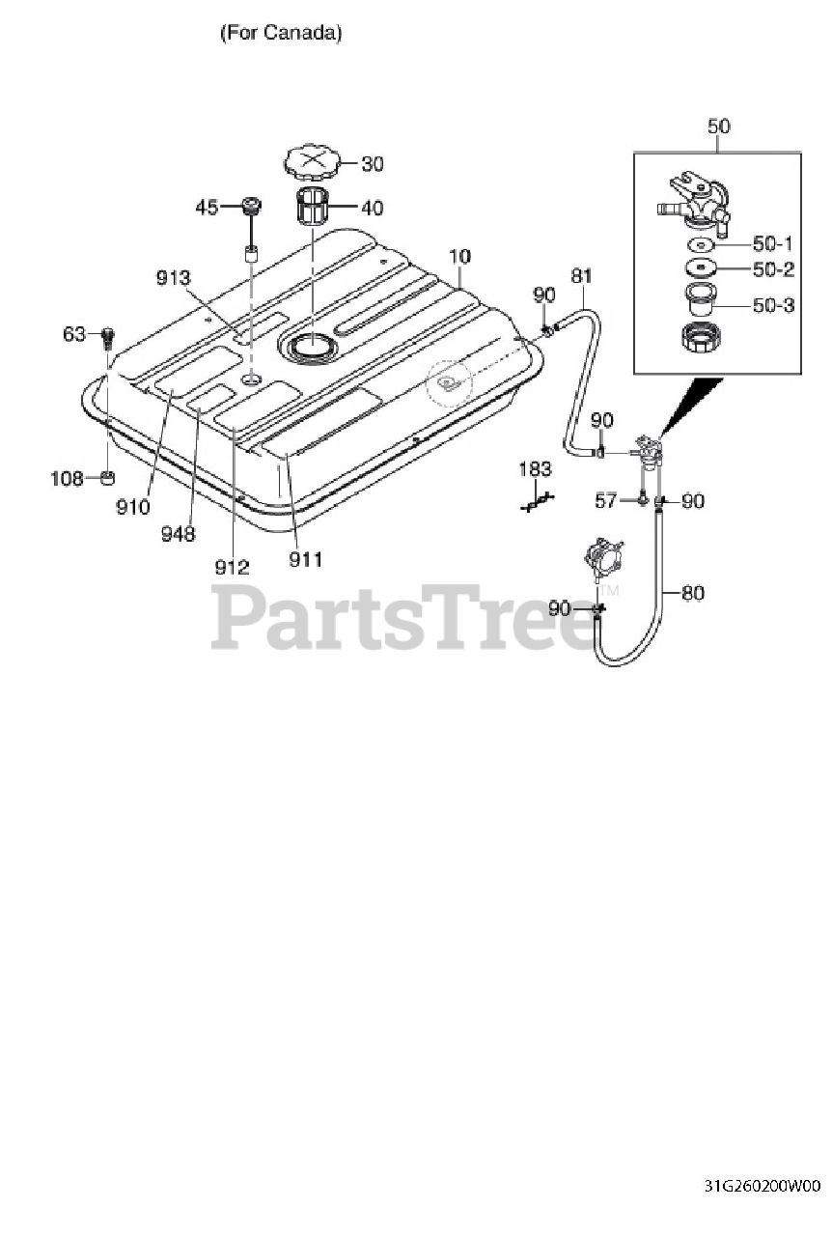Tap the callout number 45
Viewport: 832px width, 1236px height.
pos(207,208)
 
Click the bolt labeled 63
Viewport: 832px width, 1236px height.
pos(108,337)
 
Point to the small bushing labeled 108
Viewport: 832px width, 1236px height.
pos(108,478)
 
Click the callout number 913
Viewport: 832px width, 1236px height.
pos(173,278)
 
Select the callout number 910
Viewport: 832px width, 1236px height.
pos(133,507)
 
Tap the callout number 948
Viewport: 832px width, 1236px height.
pos(179,534)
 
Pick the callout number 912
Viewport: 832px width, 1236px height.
pos(233,567)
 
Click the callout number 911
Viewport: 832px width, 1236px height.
pos(306,559)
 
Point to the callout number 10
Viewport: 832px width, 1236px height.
pos(460,257)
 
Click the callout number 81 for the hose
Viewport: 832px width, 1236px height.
pos(581,276)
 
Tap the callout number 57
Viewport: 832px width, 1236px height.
pos(606,500)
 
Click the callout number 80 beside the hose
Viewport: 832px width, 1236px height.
pos(693,593)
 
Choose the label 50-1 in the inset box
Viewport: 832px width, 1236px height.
pos(772,243)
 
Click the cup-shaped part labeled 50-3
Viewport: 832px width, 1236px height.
pos(702,299)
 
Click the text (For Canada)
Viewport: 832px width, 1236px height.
pos(282,33)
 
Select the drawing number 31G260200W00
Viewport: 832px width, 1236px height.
pos(763,1197)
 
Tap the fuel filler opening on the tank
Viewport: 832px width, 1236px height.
pos(311,347)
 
